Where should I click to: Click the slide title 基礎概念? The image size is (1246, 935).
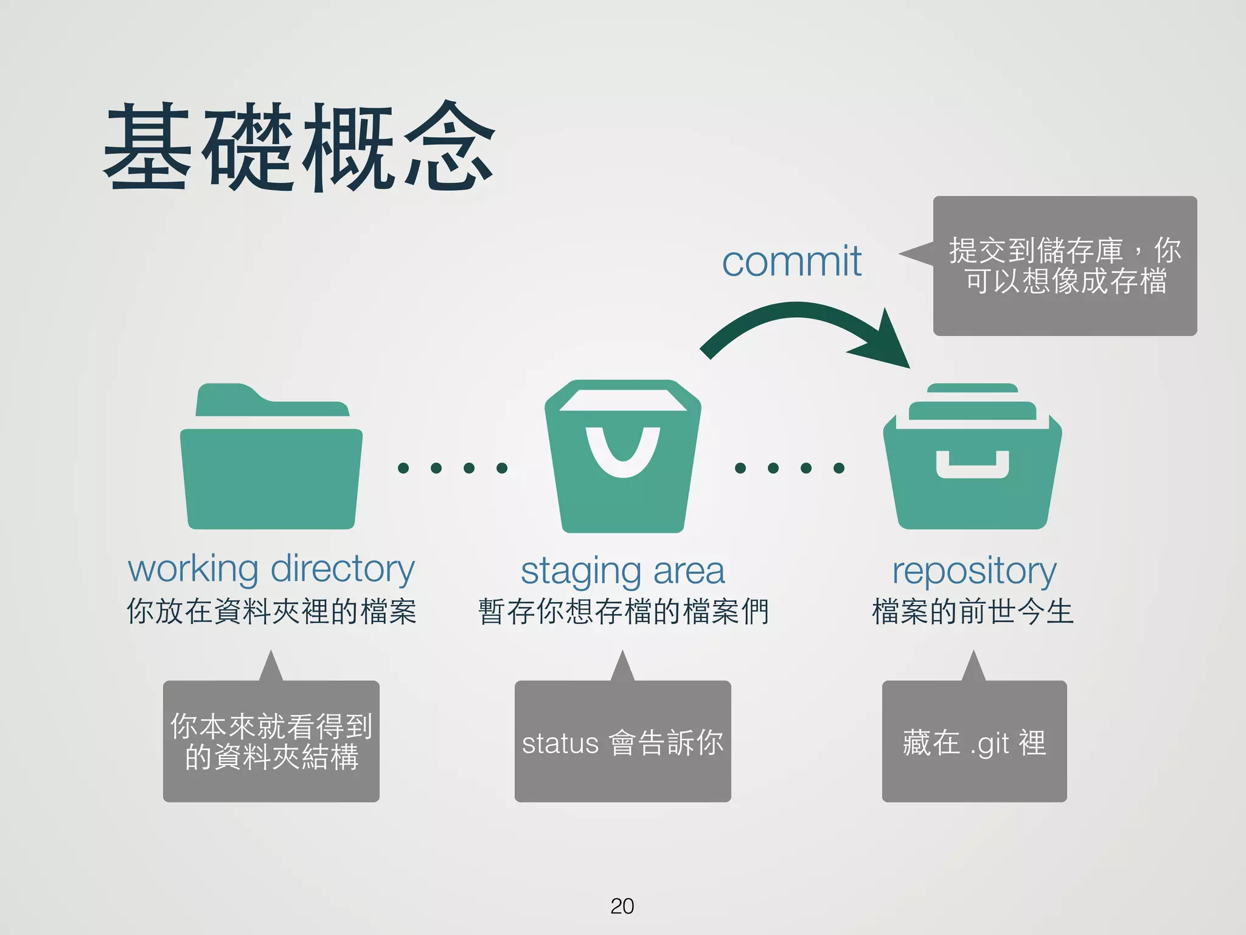point(298,146)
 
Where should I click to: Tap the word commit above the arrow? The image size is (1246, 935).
point(791,262)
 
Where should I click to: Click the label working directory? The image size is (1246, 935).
point(271,569)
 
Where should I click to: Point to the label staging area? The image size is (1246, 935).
point(623,571)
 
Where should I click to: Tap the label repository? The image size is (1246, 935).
point(973,571)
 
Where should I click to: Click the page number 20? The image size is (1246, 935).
point(622,906)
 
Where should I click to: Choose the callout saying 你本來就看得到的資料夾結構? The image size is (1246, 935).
point(271,741)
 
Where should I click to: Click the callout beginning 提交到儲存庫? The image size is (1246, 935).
point(1065,266)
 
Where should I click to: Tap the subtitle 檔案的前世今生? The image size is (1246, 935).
point(972,611)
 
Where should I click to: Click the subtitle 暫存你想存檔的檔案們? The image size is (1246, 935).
point(623,611)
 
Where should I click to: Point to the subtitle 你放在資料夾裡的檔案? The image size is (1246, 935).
point(271,611)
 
